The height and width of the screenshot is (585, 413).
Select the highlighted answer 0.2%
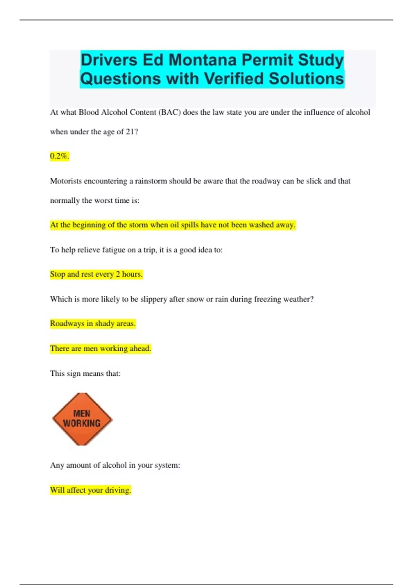pyautogui.click(x=60, y=156)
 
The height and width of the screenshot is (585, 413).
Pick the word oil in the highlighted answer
pyautogui.click(x=174, y=225)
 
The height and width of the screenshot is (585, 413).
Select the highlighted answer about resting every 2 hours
pyautogui.click(x=96, y=274)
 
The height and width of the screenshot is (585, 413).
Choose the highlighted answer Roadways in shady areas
pyautogui.click(x=93, y=323)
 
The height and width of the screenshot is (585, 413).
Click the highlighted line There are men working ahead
pyautogui.click(x=100, y=349)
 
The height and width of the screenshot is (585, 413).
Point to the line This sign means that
pyautogui.click(x=85, y=373)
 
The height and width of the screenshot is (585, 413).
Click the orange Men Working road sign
pyautogui.click(x=82, y=419)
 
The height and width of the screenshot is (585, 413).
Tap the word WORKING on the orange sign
pyautogui.click(x=82, y=423)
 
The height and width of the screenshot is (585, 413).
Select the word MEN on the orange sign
pyautogui.click(x=82, y=413)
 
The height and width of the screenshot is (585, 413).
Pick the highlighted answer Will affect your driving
pyautogui.click(x=90, y=490)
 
